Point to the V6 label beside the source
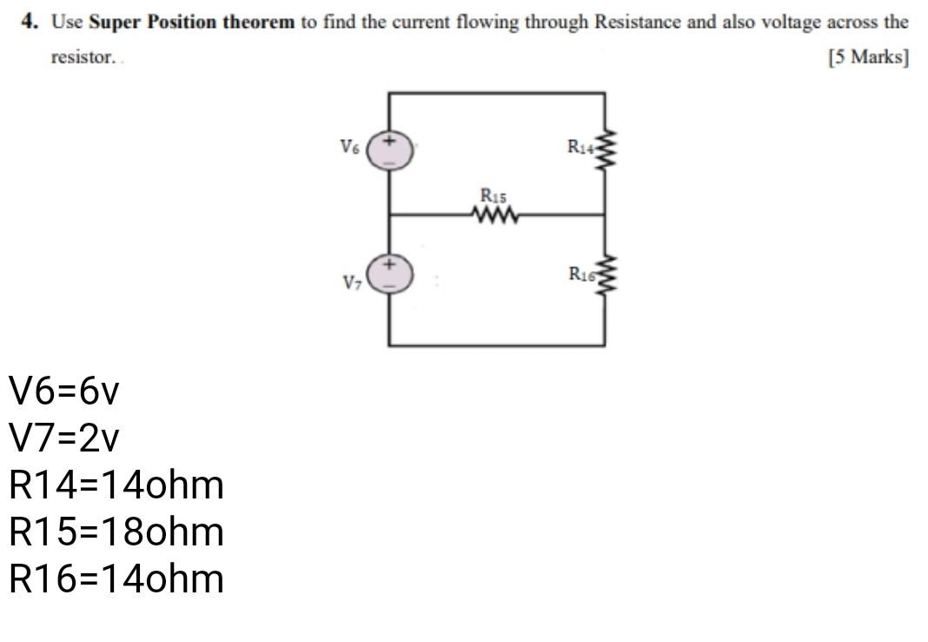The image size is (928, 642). pos(349,147)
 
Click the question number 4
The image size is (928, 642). pos(30,22)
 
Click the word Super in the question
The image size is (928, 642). pos(114,22)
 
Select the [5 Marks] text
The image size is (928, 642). pos(868,57)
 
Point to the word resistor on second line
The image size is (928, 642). pos(83,57)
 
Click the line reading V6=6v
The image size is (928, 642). pos(63,392)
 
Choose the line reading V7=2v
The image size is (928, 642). pos(63,439)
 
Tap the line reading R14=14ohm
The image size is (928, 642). pos(116,485)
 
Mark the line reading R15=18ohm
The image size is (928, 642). pos(116,532)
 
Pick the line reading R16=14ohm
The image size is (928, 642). pos(116,578)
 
